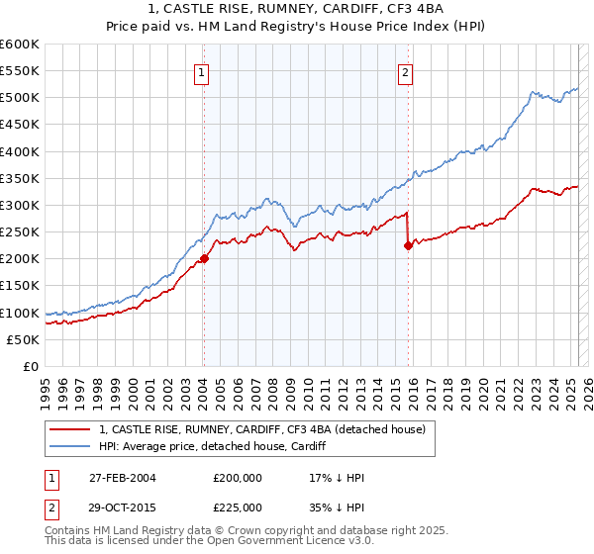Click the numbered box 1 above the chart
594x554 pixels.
click(x=201, y=71)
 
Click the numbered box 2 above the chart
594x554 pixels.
click(x=406, y=71)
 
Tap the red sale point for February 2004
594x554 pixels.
click(x=204, y=259)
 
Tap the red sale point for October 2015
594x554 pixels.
click(x=408, y=246)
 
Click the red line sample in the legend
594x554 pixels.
click(x=71, y=430)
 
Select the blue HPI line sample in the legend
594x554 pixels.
click(x=71, y=447)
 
